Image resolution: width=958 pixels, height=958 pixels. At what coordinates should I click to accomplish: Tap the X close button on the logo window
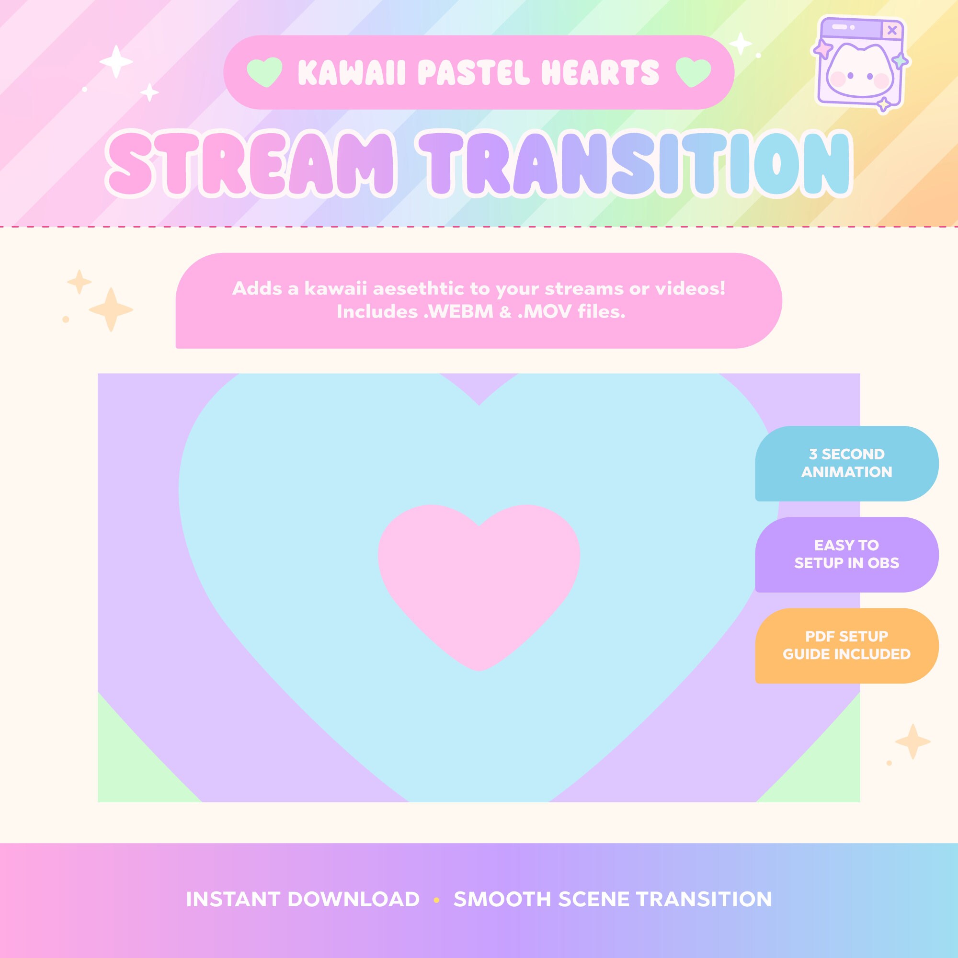(891, 30)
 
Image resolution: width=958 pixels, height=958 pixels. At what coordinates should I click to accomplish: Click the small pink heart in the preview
(479, 580)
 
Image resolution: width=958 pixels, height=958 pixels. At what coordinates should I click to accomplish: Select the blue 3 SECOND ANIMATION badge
(846, 463)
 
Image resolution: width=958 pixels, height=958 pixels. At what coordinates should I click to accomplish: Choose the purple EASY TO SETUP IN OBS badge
(846, 554)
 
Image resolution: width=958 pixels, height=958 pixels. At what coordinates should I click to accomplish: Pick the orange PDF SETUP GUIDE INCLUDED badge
(846, 645)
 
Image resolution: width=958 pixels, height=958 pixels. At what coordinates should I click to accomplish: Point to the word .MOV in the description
(545, 312)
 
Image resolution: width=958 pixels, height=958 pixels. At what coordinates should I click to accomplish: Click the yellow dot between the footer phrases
(436, 900)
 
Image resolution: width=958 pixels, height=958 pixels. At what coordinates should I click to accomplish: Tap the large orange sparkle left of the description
(111, 309)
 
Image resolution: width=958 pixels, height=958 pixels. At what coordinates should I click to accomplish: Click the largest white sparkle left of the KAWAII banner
(116, 62)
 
